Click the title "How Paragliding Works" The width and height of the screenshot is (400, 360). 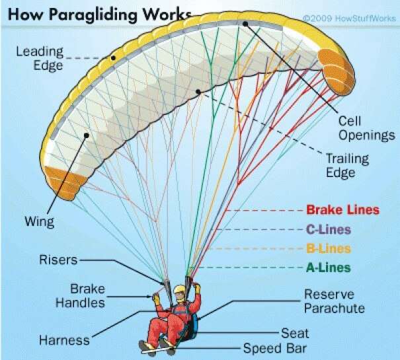pyautogui.click(x=100, y=14)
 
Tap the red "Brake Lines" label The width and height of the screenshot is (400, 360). pyautogui.click(x=343, y=210)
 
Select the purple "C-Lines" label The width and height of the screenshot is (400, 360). pyautogui.click(x=329, y=229)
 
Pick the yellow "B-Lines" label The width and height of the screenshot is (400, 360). pyautogui.click(x=329, y=248)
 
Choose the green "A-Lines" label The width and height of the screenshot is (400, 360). pyautogui.click(x=329, y=268)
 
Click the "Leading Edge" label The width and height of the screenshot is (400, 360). pyautogui.click(x=40, y=59)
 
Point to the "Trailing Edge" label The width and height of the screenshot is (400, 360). pyautogui.click(x=348, y=165)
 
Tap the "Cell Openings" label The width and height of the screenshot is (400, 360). pyautogui.click(x=366, y=128)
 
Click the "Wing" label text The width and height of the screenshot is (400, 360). pyautogui.click(x=39, y=221)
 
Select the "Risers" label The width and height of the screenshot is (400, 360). pyautogui.click(x=58, y=260)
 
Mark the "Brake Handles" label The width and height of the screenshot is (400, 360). pyautogui.click(x=80, y=296)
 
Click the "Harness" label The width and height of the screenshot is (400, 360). pyautogui.click(x=64, y=340)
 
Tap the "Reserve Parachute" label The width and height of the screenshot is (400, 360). pyautogui.click(x=335, y=301)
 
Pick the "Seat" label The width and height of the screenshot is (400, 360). pyautogui.click(x=295, y=333)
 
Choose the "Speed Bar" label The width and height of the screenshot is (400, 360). pyautogui.click(x=275, y=348)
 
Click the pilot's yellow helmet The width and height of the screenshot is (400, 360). pyautogui.click(x=179, y=289)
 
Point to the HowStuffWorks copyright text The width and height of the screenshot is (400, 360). pyautogui.click(x=350, y=18)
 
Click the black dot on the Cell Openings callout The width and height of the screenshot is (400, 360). pyautogui.click(x=245, y=24)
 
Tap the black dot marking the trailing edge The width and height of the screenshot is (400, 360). pyautogui.click(x=198, y=92)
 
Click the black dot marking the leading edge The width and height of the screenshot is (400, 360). pyautogui.click(x=113, y=58)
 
